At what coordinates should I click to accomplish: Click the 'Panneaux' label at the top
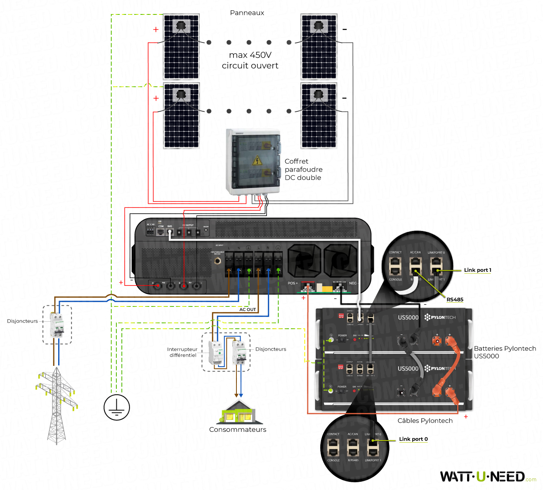247,13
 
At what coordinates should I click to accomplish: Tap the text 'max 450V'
250,55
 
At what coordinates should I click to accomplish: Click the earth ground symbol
117,407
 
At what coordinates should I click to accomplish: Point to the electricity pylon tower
56,404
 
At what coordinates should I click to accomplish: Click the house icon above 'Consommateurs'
238,413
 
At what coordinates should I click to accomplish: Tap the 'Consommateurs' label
238,429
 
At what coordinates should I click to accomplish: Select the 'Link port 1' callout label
477,270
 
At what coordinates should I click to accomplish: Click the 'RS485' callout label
455,299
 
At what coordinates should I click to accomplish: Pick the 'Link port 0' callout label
413,439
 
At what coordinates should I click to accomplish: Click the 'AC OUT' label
248,309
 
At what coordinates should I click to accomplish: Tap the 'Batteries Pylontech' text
505,349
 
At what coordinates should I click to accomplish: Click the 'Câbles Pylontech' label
425,421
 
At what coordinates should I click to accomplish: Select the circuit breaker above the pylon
57,325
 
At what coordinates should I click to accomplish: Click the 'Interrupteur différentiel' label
182,352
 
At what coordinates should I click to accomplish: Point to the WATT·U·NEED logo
483,477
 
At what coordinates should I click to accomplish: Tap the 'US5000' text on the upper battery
408,317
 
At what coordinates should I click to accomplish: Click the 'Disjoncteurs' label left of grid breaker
22,321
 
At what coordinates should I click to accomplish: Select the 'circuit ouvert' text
250,66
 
